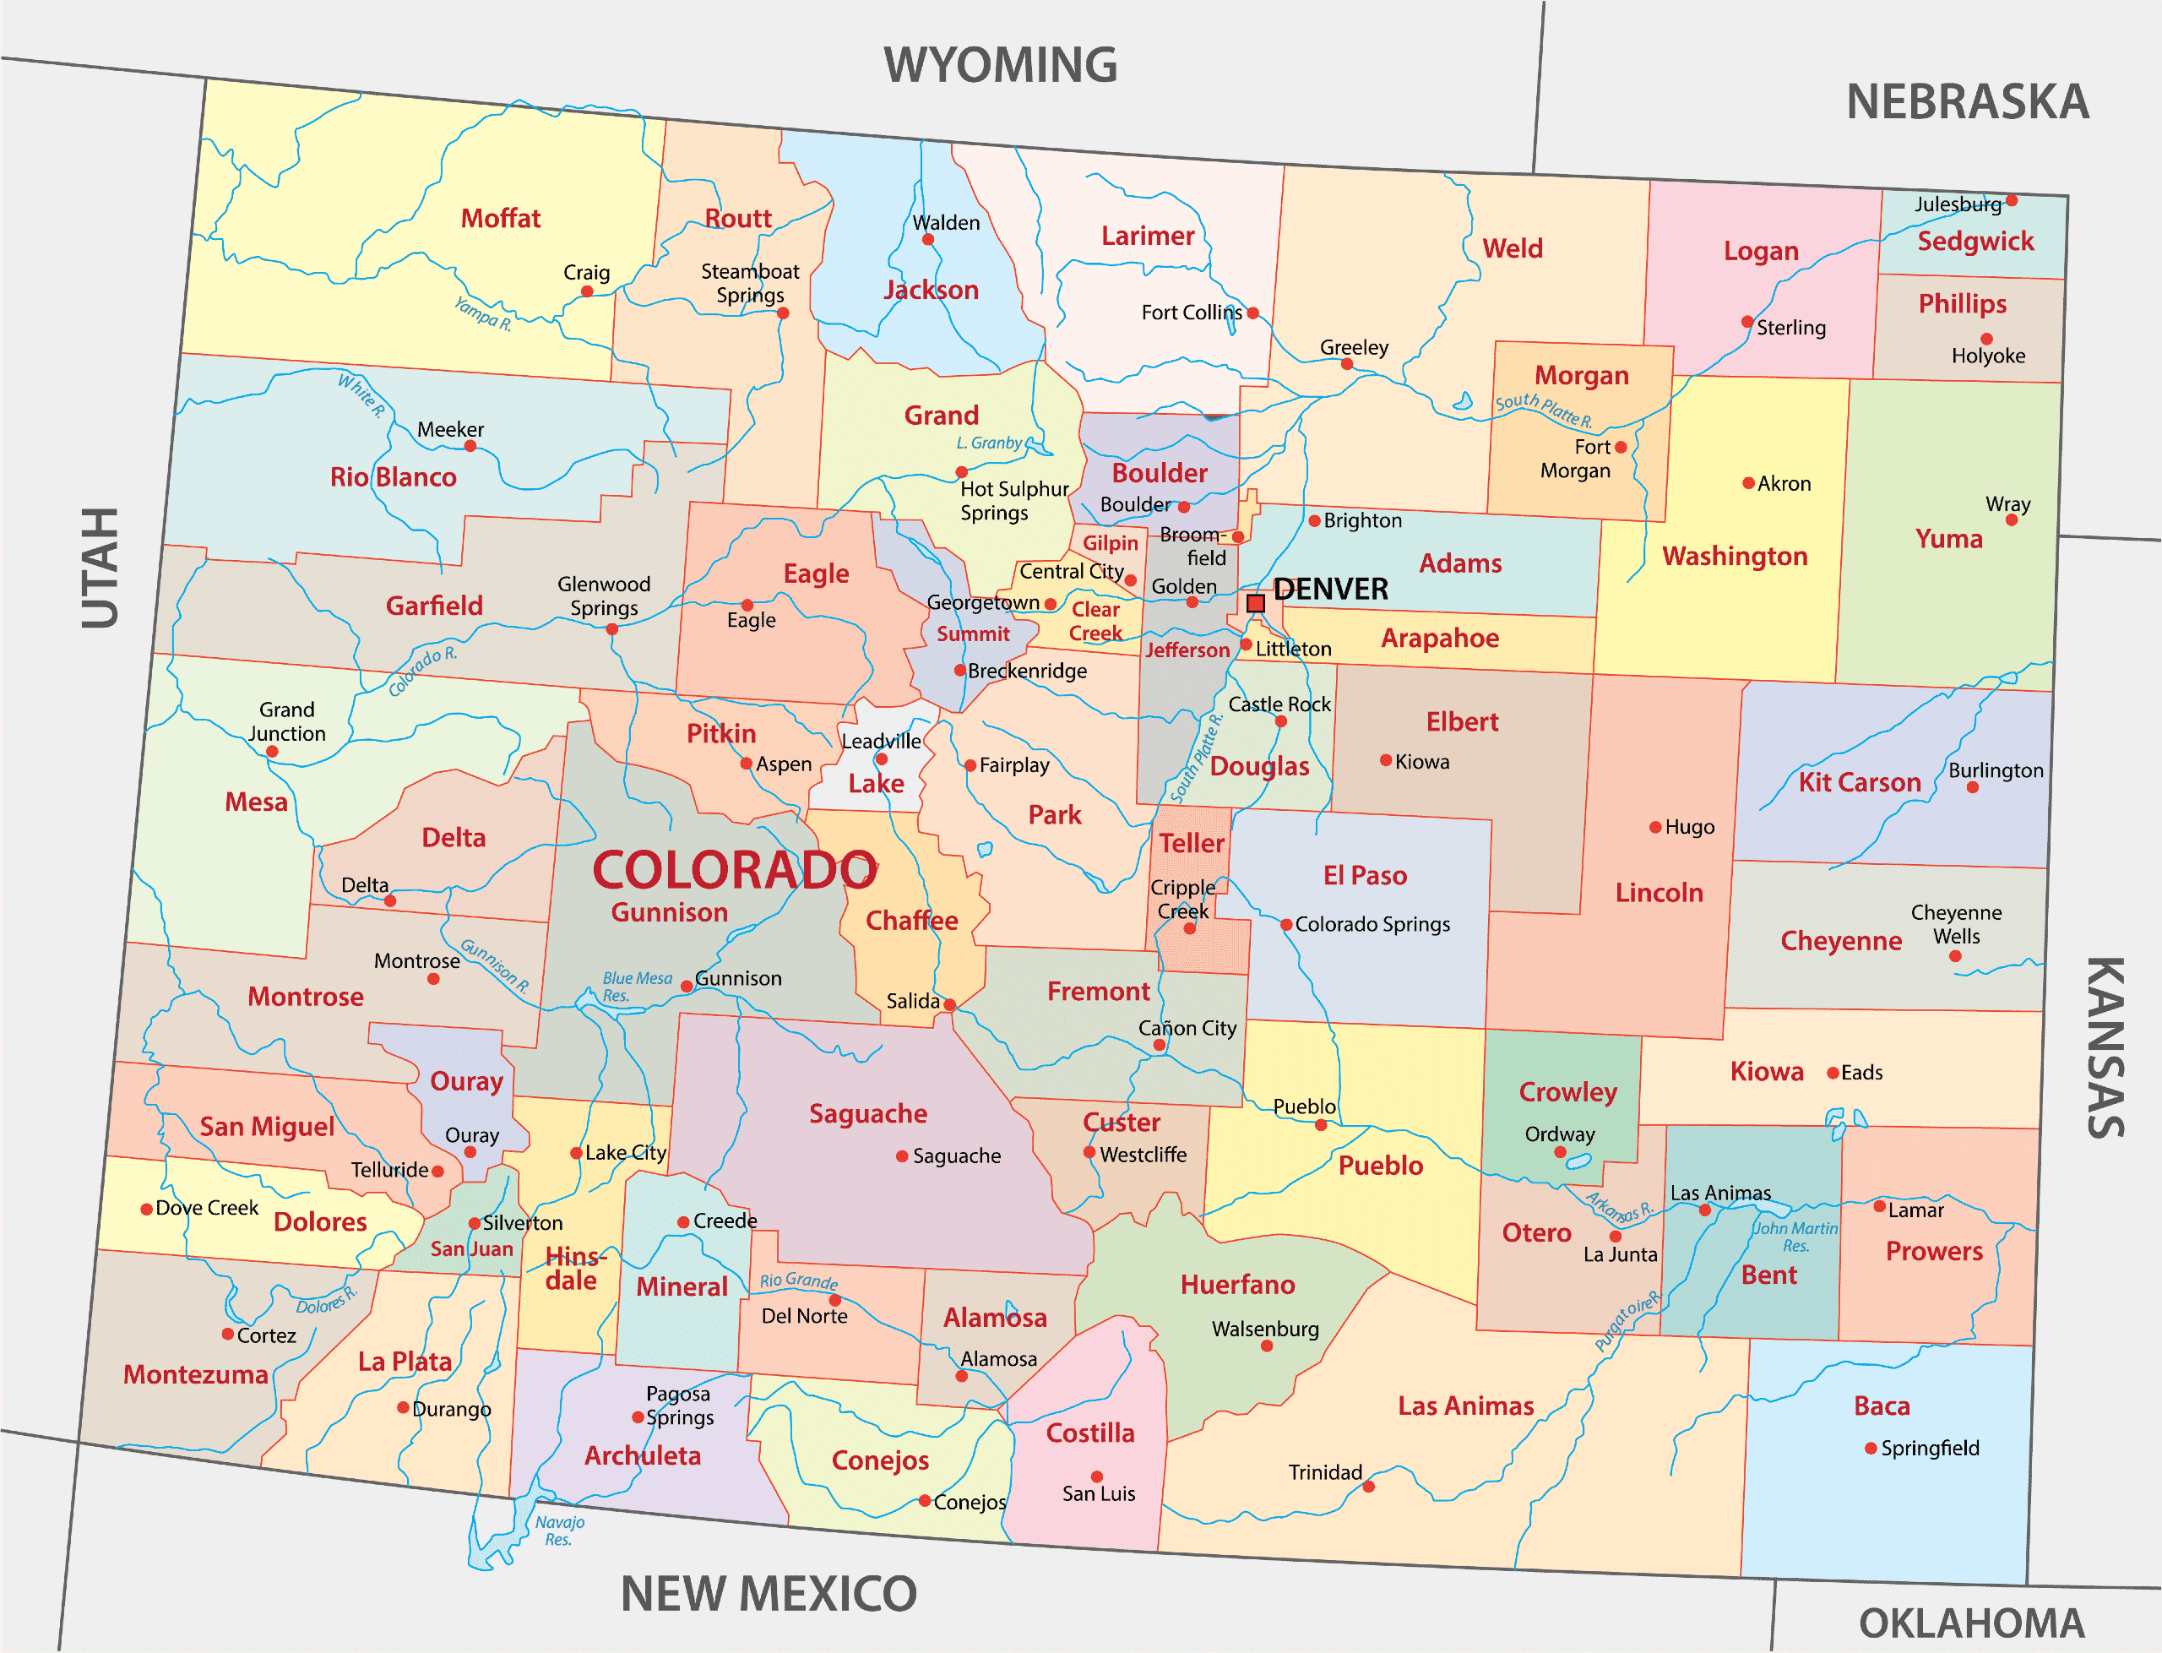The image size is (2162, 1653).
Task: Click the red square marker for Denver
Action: [1255, 603]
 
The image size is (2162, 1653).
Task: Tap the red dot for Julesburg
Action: [2012, 201]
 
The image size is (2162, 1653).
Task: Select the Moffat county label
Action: [501, 219]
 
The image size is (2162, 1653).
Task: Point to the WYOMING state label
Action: [1000, 66]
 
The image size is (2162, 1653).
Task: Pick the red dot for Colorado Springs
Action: [1285, 925]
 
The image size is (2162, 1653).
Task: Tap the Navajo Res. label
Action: [560, 1530]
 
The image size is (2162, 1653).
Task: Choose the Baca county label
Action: [1882, 1406]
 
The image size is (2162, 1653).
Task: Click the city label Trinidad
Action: [1325, 1472]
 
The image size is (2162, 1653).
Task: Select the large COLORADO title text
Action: [735, 871]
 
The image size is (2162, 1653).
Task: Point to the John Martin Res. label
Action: [1795, 1237]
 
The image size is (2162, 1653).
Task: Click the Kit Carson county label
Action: [1859, 783]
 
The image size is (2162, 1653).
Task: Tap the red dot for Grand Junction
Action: [273, 752]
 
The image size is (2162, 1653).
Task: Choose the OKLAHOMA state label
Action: [1971, 1623]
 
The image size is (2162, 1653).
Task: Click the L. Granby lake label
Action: [989, 443]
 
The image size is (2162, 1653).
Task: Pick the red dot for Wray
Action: [2012, 519]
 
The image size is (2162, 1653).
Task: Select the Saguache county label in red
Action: [867, 1114]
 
